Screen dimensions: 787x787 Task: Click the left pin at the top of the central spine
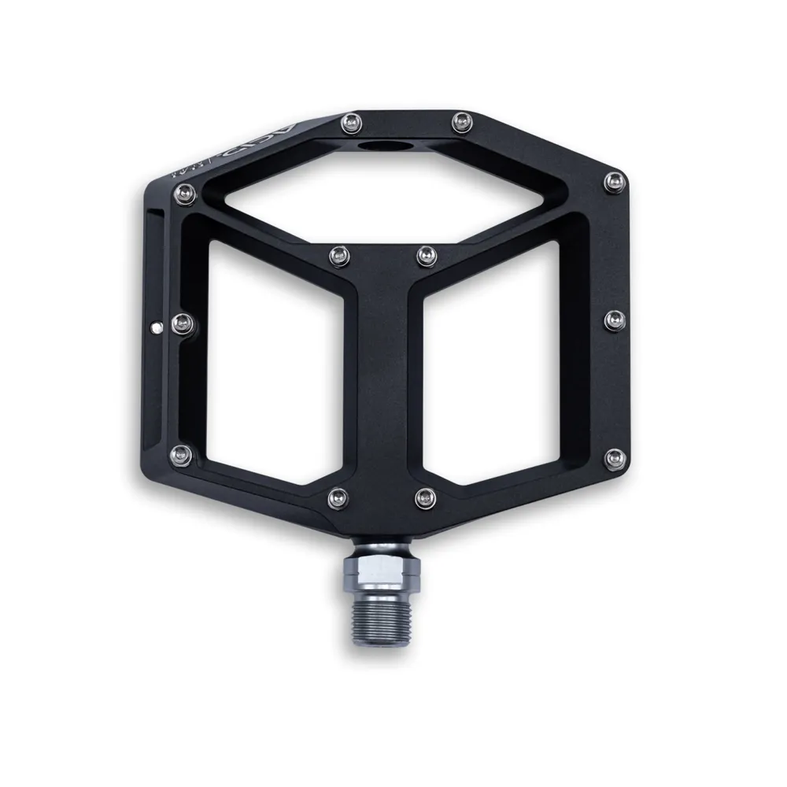pyautogui.click(x=338, y=253)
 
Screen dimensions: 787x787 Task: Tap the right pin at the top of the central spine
pyautogui.click(x=425, y=253)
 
